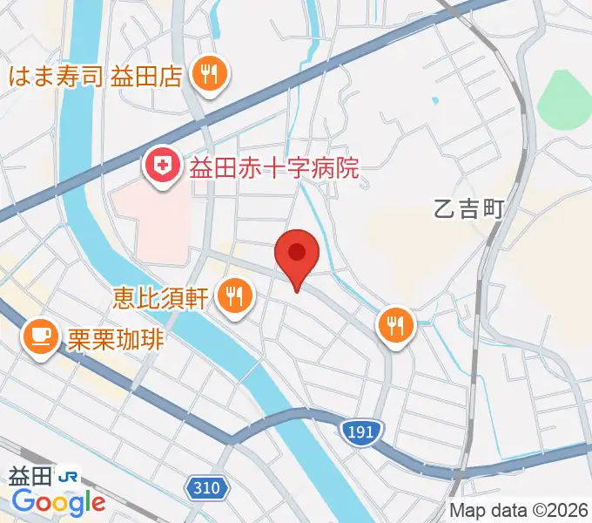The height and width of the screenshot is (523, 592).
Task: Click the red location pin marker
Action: (297, 254)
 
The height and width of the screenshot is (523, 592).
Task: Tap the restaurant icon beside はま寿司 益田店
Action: (209, 76)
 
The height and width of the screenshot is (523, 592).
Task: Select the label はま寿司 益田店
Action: (95, 76)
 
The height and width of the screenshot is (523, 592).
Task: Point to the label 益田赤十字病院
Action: (274, 166)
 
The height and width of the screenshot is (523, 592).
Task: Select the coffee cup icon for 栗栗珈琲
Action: (39, 336)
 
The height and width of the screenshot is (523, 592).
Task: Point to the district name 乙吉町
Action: (468, 210)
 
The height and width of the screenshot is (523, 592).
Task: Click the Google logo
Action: (58, 502)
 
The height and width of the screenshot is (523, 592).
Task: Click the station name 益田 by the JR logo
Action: (30, 476)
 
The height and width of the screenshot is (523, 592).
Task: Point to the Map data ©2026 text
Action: (520, 510)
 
